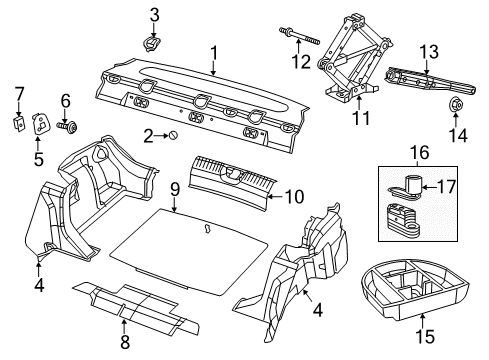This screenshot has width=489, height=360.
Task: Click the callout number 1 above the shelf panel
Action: point(213,52)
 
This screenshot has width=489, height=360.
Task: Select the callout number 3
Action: point(154,14)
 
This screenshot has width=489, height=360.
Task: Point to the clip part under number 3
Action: point(153,44)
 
